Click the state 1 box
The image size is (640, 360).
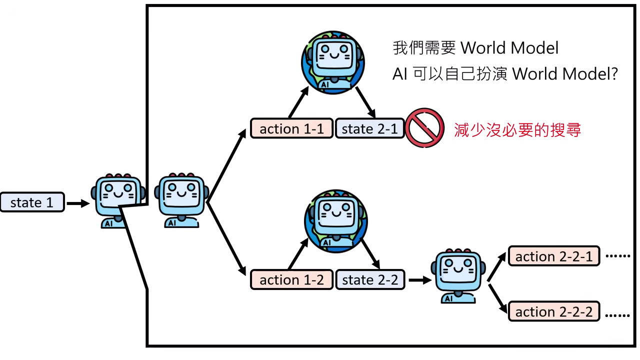coord(32,202)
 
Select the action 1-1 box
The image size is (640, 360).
coord(291,129)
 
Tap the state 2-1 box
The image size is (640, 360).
coord(369,129)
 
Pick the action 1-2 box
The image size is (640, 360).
coord(291,280)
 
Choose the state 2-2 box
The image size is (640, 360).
coord(369,280)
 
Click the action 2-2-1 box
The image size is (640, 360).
coord(553,256)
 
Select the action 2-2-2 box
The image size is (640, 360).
coord(553,312)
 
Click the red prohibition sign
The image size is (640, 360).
coord(424,128)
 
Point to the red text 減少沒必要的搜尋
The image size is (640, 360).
coord(517,130)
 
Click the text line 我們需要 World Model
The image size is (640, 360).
coord(475,48)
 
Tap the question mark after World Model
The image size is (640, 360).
coord(614,74)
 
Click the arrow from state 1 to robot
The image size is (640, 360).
coord(77,203)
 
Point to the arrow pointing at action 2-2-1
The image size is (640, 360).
coord(497,266)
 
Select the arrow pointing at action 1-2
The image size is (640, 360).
coord(228,240)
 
